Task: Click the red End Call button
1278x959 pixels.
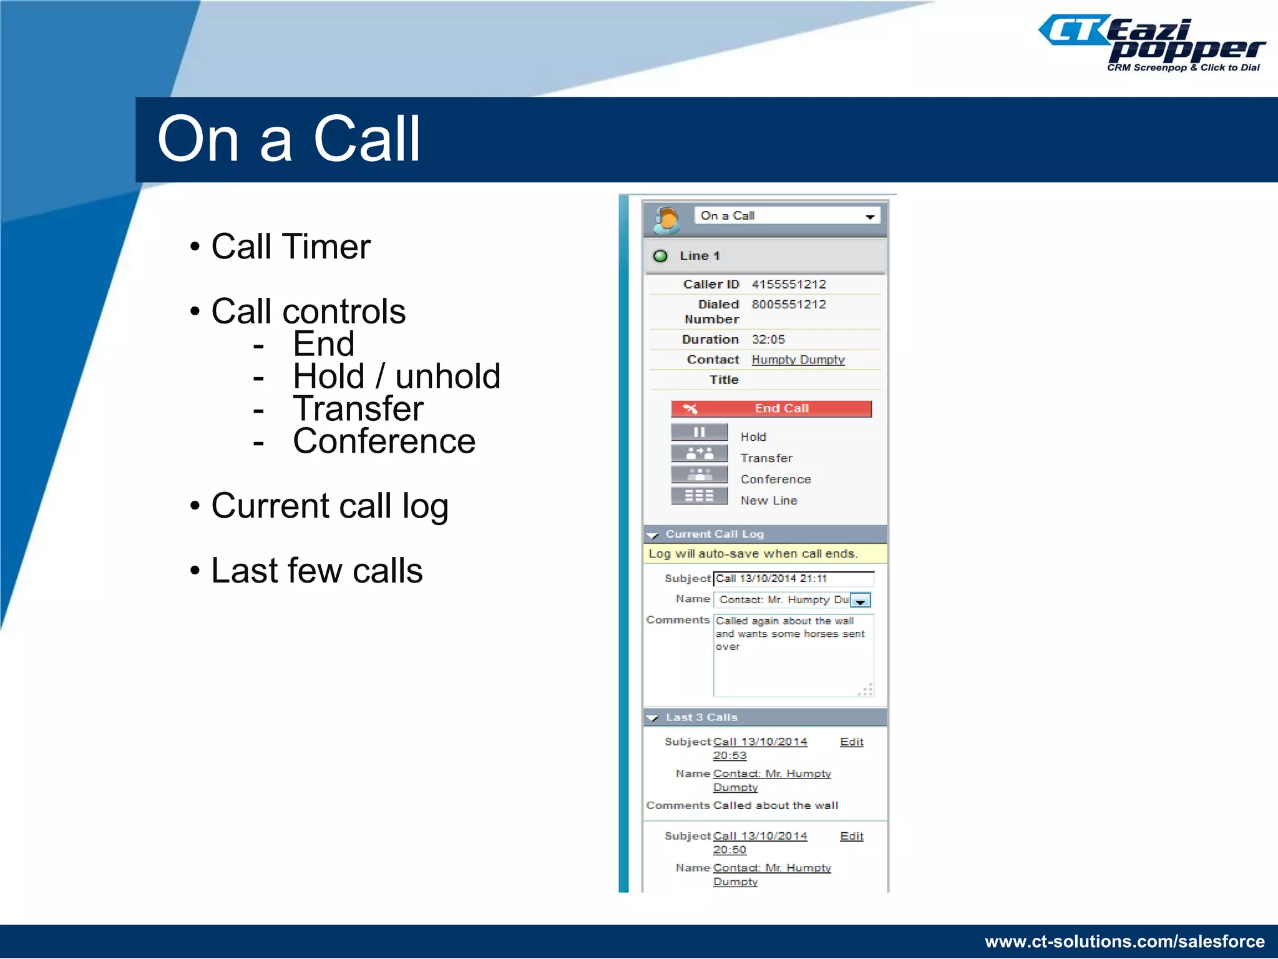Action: coord(771,408)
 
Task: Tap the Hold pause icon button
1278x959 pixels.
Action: coord(699,432)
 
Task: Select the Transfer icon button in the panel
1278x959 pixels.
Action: coord(699,453)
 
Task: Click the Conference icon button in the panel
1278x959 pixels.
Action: coord(699,475)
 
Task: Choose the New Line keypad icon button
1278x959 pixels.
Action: coord(699,496)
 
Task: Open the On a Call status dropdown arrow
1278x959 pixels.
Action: coord(870,217)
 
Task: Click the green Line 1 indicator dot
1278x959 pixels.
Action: coord(660,256)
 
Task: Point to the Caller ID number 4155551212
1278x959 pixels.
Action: coord(789,284)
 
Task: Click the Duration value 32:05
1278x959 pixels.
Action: coord(768,339)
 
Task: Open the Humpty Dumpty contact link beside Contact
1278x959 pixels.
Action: coord(798,360)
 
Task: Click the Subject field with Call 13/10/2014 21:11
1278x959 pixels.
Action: coord(793,579)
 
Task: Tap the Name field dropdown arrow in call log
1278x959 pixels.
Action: coord(861,601)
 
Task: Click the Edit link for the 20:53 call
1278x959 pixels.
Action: coord(852,742)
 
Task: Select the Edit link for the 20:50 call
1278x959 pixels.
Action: coord(852,836)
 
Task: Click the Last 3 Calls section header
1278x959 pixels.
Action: coord(701,717)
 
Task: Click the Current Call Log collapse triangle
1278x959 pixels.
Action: coord(653,535)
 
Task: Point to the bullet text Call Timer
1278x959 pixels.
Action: coord(291,247)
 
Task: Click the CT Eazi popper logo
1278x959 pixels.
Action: coord(1152,44)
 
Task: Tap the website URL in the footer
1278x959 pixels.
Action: coord(1124,942)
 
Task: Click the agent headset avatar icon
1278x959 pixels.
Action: coord(666,220)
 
